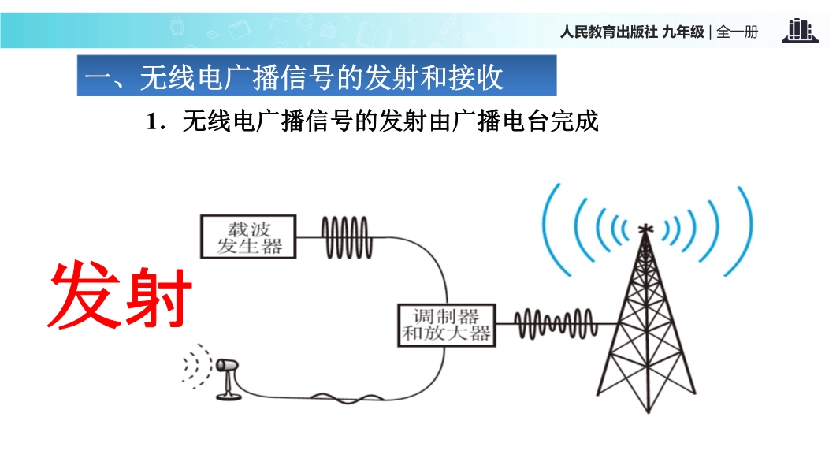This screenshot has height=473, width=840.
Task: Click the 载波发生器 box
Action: pos(249,236)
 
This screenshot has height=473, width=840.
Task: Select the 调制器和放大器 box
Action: pos(447,325)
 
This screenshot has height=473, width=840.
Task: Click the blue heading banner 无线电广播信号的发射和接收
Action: pos(316,76)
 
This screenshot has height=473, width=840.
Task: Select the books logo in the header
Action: pos(799,31)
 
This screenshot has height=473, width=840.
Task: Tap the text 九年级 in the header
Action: pos(684,32)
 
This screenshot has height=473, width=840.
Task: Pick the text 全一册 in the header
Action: pos(737,32)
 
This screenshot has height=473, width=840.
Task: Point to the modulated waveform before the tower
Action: pos(552,323)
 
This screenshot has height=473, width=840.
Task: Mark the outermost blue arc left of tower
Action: pos(549,229)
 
